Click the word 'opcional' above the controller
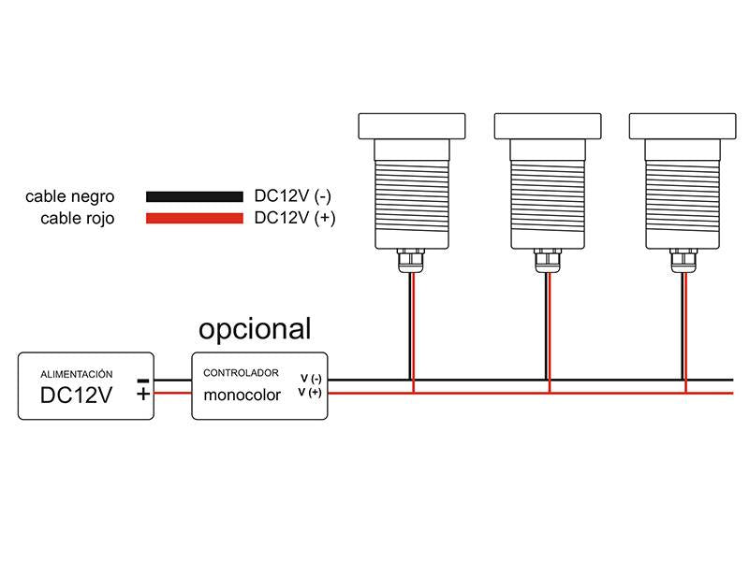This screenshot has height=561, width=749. [255, 329]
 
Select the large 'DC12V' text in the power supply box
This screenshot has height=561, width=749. [77, 396]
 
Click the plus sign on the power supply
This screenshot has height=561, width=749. [142, 394]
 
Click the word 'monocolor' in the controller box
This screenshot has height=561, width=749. [242, 395]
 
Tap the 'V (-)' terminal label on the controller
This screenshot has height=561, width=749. [311, 379]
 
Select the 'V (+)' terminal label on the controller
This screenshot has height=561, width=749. [310, 392]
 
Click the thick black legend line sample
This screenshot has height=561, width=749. [194, 197]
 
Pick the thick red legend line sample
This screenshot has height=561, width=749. [194, 219]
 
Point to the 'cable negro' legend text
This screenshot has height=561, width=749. [70, 197]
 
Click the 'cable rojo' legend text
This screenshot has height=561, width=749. [78, 219]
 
